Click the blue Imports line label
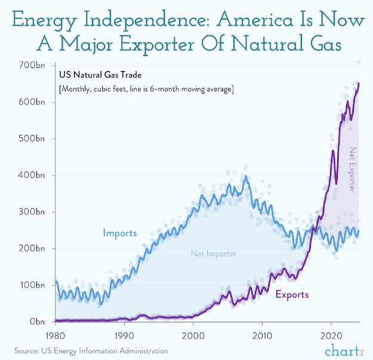pos(119,233)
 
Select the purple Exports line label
pos(292,294)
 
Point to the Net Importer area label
pos(214,254)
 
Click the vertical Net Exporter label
pos(352,170)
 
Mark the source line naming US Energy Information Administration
pos(91,350)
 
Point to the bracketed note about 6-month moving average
pos(146,89)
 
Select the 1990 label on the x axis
pos(124,335)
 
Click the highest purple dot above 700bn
pos(359,62)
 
